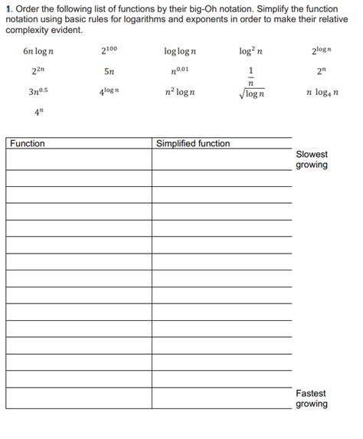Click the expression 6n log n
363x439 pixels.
pos(38,52)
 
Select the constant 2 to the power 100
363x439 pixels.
pos(110,51)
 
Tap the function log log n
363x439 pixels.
pos(180,52)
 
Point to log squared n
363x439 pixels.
pos(250,51)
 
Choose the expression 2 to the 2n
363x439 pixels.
pos(38,72)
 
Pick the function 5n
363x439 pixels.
pos(110,73)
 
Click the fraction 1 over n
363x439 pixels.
pos(250,77)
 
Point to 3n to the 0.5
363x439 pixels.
pos(38,93)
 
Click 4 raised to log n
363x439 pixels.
pos(110,93)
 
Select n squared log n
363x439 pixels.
pos(180,93)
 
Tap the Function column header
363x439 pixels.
pos(28,143)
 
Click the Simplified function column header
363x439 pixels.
pos(193,143)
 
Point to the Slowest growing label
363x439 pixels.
pos(311,159)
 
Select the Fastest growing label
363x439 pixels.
pos(311,398)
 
